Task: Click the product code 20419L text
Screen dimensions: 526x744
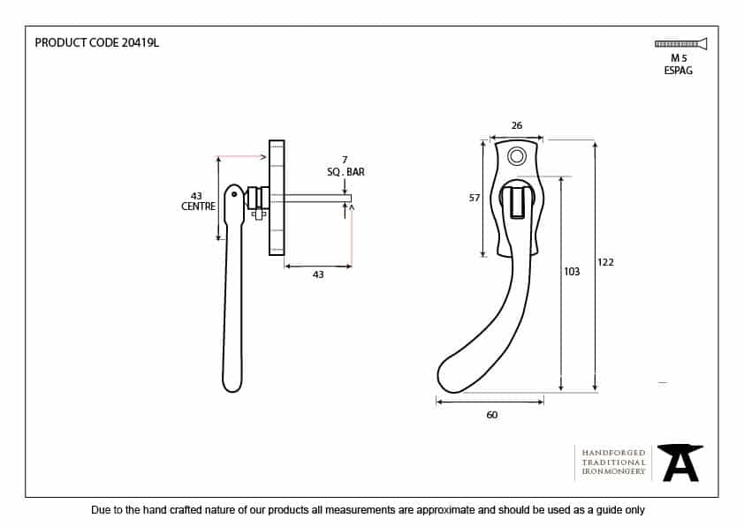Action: coord(96,42)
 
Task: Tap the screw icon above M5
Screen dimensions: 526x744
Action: coord(679,43)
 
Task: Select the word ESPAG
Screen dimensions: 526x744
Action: coord(679,71)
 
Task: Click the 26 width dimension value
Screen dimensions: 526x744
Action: coord(517,126)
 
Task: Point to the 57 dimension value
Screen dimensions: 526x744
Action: coord(474,199)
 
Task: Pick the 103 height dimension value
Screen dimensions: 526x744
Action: coord(572,272)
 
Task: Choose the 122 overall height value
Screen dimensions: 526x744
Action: coord(605,262)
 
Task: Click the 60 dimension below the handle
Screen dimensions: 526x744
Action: coord(492,415)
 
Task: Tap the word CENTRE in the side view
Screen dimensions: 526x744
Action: coord(198,207)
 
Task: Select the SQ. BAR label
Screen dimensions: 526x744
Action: coord(345,172)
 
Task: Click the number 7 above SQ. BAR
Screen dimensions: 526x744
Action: coord(345,160)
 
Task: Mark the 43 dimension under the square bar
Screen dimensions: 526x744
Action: coord(318,274)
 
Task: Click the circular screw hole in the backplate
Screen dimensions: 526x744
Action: coord(517,156)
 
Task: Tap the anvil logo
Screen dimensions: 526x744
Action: coord(680,462)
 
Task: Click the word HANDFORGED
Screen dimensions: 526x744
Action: coord(613,452)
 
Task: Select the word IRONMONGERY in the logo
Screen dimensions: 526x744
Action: coord(613,472)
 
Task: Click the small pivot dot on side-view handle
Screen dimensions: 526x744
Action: coord(233,195)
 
